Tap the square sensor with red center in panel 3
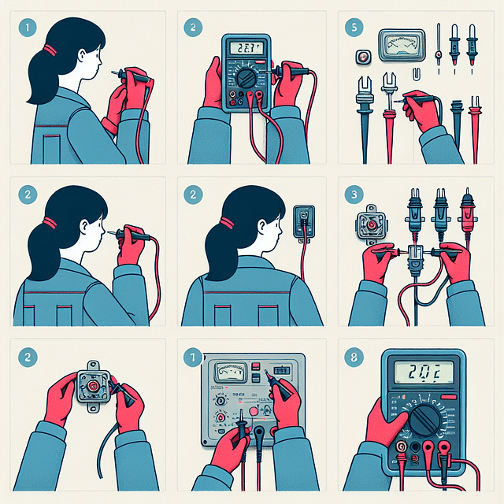pos(368,224)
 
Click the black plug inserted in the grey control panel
pos(258,433)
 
